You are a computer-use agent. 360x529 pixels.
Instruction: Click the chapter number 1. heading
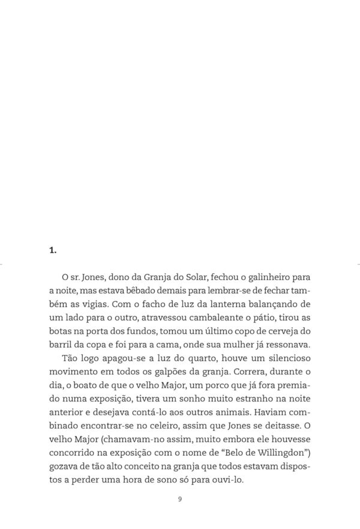coord(53,251)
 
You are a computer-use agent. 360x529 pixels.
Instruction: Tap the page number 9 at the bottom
coord(180,499)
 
